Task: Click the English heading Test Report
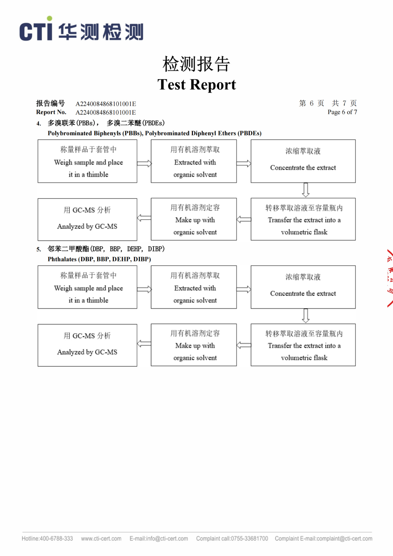click(x=197, y=85)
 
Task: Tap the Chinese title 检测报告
click(x=196, y=64)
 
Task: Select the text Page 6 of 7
click(x=342, y=112)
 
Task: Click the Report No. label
click(x=51, y=112)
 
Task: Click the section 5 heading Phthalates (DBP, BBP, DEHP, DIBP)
click(x=99, y=259)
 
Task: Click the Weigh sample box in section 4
click(x=87, y=161)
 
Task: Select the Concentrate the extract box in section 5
click(x=303, y=287)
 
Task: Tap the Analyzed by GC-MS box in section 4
click(x=87, y=219)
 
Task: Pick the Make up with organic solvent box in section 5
click(x=194, y=345)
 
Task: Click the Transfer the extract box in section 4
click(x=303, y=219)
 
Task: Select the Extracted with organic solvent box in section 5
click(x=194, y=287)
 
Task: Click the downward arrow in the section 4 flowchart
click(x=306, y=190)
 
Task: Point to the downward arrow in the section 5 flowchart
click(x=306, y=316)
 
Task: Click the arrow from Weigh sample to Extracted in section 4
click(x=144, y=163)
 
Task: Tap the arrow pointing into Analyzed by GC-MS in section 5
click(x=144, y=344)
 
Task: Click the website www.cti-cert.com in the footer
click(x=101, y=539)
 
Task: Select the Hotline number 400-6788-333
click(x=47, y=539)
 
